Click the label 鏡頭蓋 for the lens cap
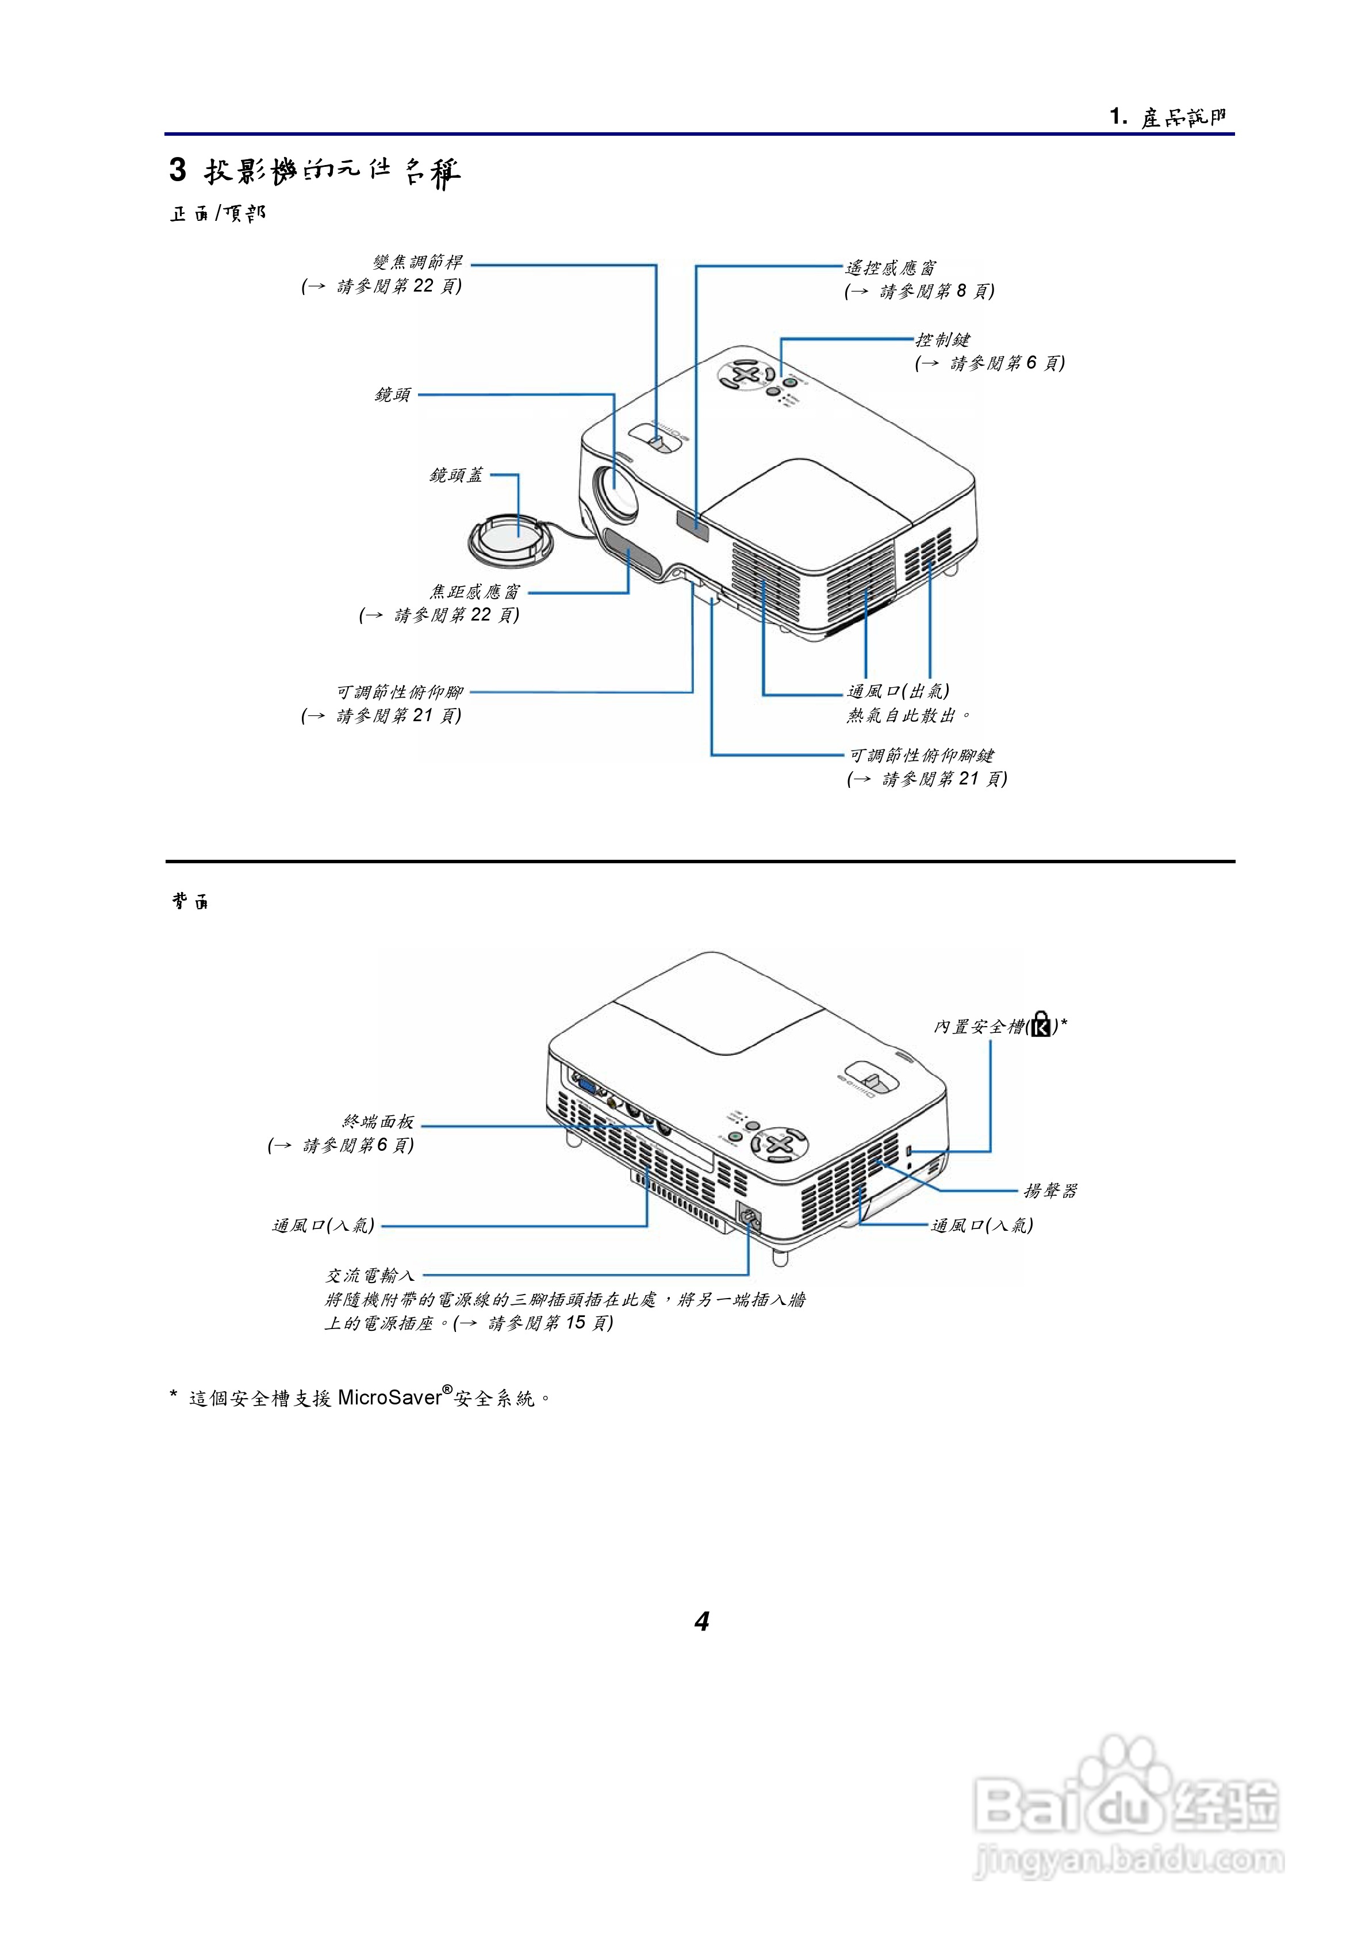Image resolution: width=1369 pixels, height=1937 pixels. pos(457,476)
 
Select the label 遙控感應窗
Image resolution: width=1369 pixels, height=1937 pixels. pos(890,268)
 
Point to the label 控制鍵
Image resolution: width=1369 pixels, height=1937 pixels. pos(942,340)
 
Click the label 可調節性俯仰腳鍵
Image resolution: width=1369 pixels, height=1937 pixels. pos(921,755)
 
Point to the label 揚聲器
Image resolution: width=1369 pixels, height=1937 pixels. pos(1050,1190)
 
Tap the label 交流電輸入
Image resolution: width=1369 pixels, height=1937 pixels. pos(370,1276)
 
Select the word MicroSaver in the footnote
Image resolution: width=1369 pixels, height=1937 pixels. pos(390,1398)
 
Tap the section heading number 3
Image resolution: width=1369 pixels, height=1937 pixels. pos(177,170)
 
